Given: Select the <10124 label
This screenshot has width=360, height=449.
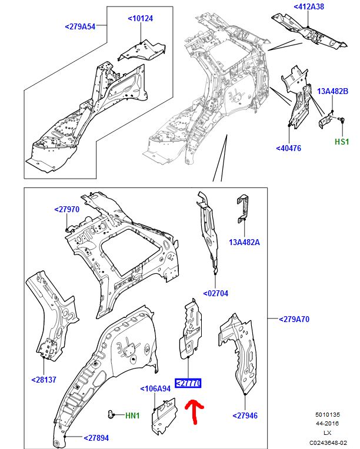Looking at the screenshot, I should (141, 19).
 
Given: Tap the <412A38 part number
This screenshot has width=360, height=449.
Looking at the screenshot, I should (309, 7).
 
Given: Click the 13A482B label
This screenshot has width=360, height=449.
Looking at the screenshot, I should (333, 91).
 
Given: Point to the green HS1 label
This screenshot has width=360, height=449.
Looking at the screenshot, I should (342, 142).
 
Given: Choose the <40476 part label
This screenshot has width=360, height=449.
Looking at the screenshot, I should (288, 148).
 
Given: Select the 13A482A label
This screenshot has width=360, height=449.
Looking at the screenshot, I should (244, 242).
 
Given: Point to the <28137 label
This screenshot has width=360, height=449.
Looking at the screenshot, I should (44, 380).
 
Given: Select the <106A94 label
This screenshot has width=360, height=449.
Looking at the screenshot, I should (155, 388).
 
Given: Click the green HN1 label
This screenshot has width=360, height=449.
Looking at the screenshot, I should (132, 416).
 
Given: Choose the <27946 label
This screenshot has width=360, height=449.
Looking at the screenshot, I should (245, 416).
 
